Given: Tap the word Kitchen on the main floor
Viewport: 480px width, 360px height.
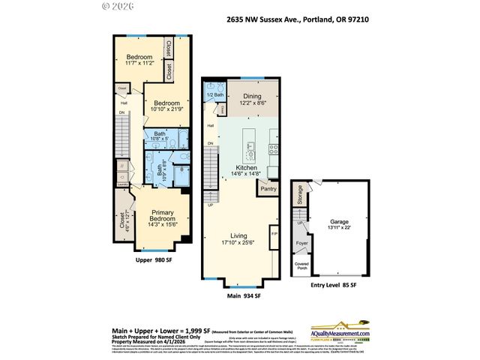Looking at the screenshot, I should coord(247,167).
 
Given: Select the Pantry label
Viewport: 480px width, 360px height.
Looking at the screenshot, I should coord(268,189).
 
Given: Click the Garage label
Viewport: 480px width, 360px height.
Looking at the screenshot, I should coord(340,222).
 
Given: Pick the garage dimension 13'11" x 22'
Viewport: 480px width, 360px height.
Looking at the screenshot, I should coord(340,229).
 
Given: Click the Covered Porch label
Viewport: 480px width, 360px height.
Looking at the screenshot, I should coord(301,265).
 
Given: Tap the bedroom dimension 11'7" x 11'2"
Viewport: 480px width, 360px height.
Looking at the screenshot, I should coord(139,64).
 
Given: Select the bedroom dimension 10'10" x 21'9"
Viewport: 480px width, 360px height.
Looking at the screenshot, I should coord(166,110).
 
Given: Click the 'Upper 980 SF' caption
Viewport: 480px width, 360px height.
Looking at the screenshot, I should coord(154,259).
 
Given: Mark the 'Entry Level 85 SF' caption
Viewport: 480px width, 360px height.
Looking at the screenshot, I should coord(333,285).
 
